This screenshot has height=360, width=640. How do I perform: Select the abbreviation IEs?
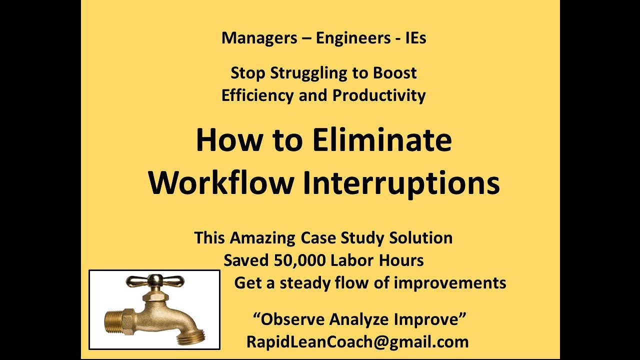(x=414, y=38)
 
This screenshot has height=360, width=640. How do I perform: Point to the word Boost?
(x=394, y=73)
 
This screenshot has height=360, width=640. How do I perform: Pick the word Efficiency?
(x=257, y=95)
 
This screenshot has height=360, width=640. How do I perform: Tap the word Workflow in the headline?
(x=220, y=183)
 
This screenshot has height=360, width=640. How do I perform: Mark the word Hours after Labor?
(x=403, y=260)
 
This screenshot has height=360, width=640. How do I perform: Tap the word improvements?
(x=450, y=283)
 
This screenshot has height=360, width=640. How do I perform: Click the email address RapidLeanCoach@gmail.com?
(x=357, y=342)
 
